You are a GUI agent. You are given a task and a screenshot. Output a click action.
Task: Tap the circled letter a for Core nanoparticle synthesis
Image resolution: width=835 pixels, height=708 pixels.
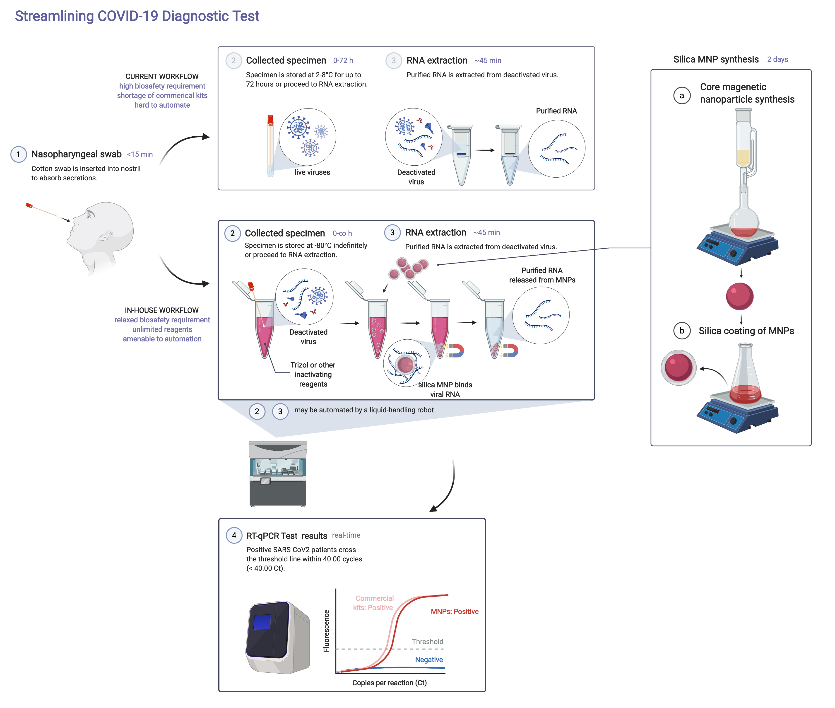(x=681, y=96)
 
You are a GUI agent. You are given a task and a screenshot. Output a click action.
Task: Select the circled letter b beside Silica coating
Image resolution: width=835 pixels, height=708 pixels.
(x=681, y=331)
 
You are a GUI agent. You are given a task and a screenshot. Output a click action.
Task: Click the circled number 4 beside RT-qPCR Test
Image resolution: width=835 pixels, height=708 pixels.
(x=234, y=535)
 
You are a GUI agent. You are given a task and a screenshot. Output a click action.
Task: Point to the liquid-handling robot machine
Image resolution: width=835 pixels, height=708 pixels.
(x=278, y=474)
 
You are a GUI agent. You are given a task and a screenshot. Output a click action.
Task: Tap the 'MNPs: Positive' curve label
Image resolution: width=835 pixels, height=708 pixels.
(x=454, y=611)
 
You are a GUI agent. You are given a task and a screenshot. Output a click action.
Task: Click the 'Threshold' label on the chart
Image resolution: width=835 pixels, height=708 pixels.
(x=427, y=641)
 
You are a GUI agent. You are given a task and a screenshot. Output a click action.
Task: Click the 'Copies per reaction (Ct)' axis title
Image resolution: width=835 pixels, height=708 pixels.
(x=389, y=683)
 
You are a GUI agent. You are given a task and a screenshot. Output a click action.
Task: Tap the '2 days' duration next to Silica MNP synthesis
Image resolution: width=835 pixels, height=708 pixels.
(x=777, y=59)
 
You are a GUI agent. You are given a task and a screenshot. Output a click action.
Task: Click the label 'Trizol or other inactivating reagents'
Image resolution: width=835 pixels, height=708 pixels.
(x=313, y=375)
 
